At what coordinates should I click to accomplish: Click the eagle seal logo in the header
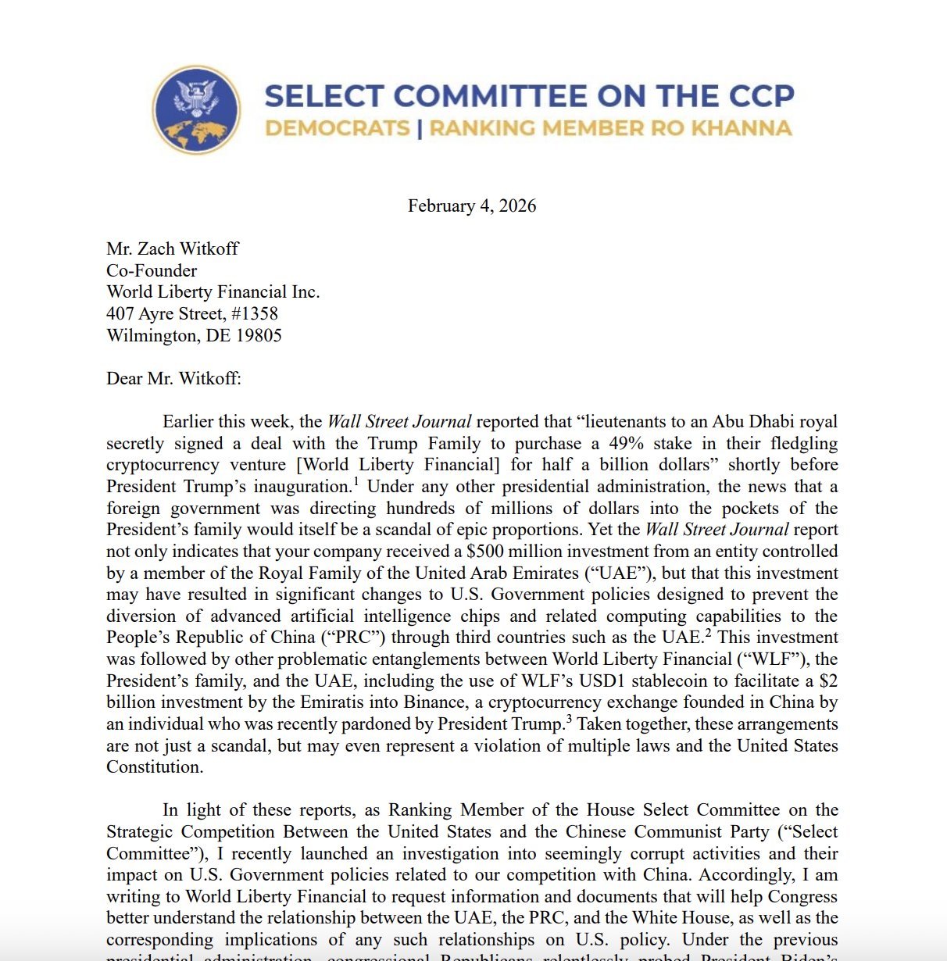point(197,109)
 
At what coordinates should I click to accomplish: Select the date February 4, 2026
point(472,206)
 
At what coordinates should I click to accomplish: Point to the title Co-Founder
point(152,271)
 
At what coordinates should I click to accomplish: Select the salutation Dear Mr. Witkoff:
point(173,379)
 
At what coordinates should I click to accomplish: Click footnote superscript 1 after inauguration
point(356,480)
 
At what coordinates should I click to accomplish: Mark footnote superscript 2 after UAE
point(708,631)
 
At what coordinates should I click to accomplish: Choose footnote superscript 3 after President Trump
point(568,718)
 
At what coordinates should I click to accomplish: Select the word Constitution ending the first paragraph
point(154,767)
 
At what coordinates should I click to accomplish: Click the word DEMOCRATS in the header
point(338,128)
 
